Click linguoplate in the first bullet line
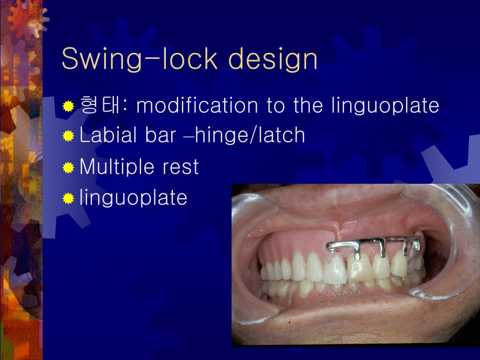385,106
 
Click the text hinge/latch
250,135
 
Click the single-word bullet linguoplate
134,198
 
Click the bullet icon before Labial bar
68,136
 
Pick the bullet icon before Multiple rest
68,168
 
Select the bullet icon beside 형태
68,106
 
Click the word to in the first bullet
276,106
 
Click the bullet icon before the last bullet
68,199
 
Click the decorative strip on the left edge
21,187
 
